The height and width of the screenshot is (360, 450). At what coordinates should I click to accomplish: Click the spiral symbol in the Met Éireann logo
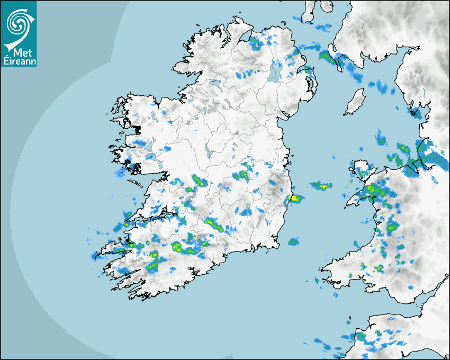tap(19, 22)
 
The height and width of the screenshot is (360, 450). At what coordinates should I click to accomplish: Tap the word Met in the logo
tap(19, 52)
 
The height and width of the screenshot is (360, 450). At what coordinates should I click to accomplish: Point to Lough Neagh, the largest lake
tap(275, 72)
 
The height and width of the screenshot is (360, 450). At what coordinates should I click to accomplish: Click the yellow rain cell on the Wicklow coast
tap(294, 199)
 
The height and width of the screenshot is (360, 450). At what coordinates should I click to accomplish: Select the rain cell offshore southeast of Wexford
tap(293, 242)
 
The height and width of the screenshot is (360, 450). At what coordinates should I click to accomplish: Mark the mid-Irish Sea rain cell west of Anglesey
tap(321, 186)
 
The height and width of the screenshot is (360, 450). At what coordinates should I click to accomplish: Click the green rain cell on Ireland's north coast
tap(256, 42)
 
